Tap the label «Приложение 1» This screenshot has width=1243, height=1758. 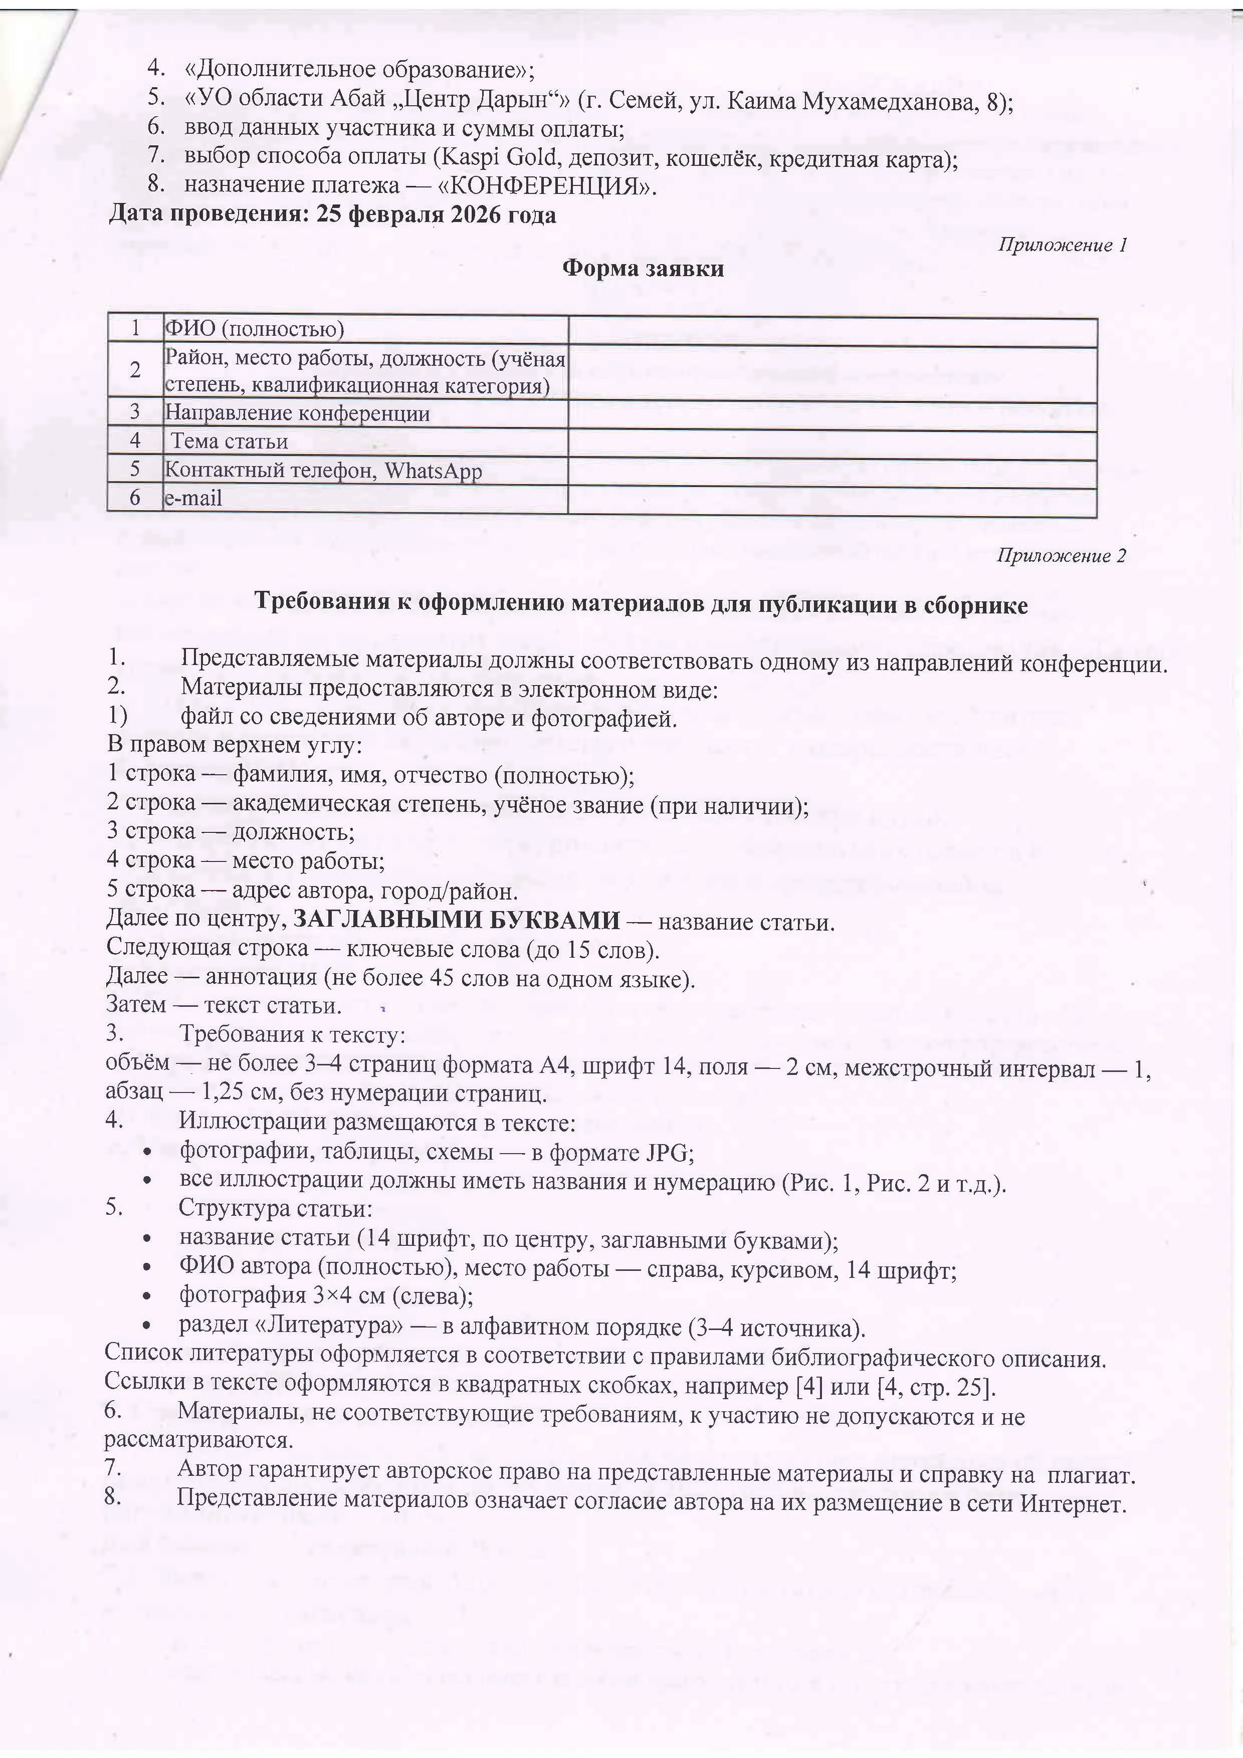(1062, 245)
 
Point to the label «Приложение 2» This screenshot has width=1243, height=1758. (1061, 556)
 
